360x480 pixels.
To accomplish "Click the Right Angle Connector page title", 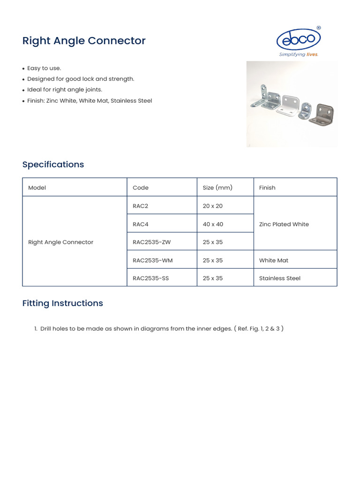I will click(84, 41).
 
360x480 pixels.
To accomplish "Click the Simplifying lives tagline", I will click(299, 54).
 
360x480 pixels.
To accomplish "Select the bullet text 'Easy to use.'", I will click(44, 68).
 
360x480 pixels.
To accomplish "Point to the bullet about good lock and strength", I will click(81, 79).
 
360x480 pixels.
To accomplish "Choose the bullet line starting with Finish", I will click(90, 101).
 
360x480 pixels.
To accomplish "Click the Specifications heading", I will click(53, 165).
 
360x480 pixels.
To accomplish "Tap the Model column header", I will click(37, 187).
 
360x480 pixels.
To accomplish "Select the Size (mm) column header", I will click(217, 187).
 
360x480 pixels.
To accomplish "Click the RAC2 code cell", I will click(140, 206).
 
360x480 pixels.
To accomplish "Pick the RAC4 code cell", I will click(140, 224).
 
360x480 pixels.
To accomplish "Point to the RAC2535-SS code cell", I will click(150, 278).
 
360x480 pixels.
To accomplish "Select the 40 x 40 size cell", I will click(213, 224).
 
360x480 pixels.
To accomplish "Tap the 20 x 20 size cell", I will click(212, 206).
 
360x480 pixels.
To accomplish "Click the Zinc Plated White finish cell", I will click(284, 224).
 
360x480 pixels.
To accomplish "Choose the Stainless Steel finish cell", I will click(279, 278).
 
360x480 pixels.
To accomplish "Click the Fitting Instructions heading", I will click(62, 303).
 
